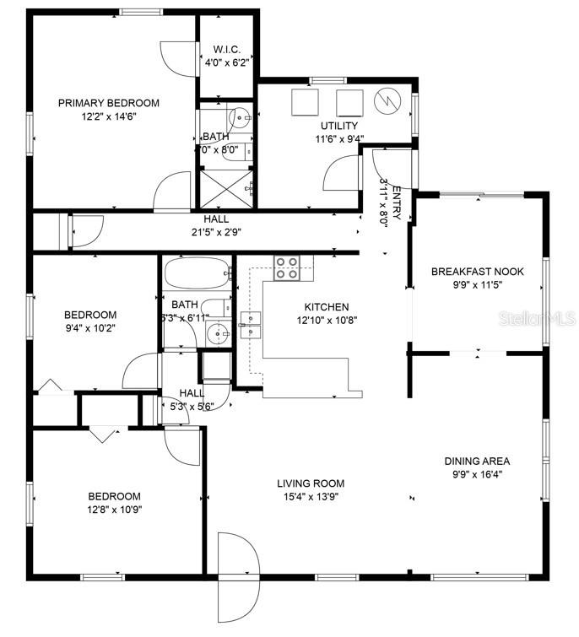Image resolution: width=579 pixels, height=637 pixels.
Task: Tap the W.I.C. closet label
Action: [226, 48]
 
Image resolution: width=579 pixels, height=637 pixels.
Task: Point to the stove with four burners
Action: [286, 267]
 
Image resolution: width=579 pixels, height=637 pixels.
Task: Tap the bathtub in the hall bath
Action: [197, 274]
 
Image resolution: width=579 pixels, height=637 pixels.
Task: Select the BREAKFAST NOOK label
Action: [477, 272]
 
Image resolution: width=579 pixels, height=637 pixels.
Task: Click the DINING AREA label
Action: [477, 462]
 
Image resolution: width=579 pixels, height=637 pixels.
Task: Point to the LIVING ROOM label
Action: [311, 483]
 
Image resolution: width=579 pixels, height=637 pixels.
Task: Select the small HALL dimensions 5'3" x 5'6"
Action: [191, 406]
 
